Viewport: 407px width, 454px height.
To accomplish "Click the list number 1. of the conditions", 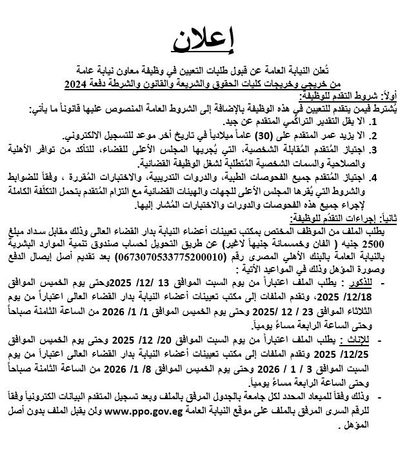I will pos(379,121).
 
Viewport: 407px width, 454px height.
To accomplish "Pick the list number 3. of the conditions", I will pos(379,149).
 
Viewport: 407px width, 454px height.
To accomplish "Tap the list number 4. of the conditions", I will pos(379,175).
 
